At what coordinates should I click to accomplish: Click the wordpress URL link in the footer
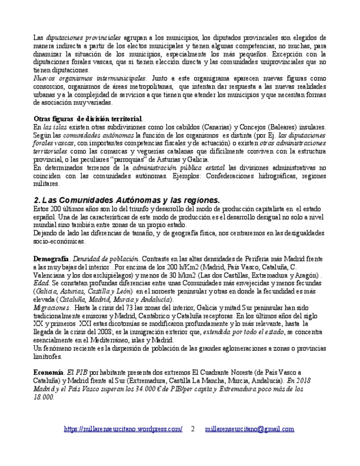click(123, 429)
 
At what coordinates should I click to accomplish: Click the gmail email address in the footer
click(250, 429)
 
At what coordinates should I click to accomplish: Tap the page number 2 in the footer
click(193, 429)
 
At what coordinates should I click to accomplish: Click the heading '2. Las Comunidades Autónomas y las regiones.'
click(126, 200)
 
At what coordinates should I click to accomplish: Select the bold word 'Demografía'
click(51, 258)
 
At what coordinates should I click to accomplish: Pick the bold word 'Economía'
click(48, 373)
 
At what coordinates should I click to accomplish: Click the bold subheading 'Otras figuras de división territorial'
click(88, 119)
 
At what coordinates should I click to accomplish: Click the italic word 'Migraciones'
click(52, 308)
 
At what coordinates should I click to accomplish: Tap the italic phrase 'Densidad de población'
click(106, 258)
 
